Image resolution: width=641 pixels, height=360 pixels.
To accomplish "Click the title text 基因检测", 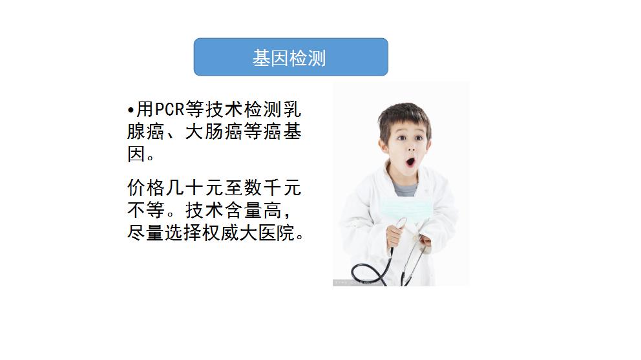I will (x=289, y=58).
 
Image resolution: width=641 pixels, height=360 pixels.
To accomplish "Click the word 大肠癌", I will (x=213, y=132).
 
